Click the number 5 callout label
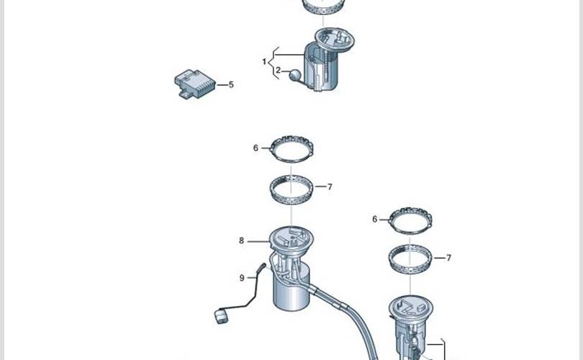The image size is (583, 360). point(231,85)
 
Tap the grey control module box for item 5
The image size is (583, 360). point(194,84)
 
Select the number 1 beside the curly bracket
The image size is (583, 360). point(264,62)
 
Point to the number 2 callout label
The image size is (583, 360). point(279,70)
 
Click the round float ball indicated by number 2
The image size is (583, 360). point(294,75)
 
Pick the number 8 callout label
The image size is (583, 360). point(241,241)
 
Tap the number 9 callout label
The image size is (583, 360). point(242,278)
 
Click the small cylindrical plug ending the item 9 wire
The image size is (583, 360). point(220,317)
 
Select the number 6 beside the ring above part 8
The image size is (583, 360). point(256,148)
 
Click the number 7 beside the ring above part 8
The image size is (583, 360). point(330,186)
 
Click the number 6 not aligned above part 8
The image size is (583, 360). point(375,219)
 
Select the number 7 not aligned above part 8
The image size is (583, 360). point(449,258)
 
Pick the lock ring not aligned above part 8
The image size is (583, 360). point(390,222)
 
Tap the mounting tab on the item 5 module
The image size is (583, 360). point(185,94)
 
